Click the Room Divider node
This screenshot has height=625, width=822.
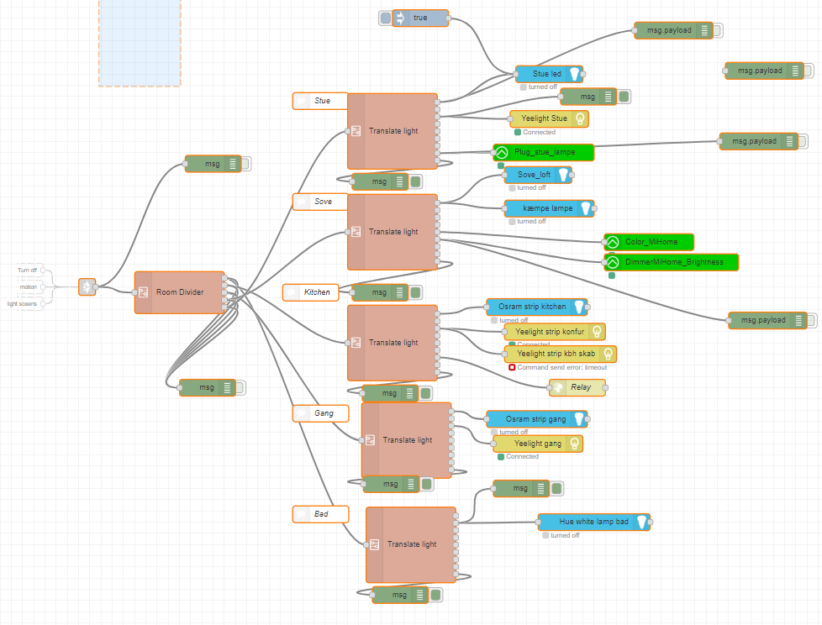pyautogui.click(x=180, y=292)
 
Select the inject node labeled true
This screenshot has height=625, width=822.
pyautogui.click(x=420, y=18)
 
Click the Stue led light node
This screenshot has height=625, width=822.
pyautogui.click(x=547, y=74)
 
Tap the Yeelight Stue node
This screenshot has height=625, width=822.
pyautogui.click(x=549, y=118)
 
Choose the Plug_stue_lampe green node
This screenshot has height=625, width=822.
pyautogui.click(x=542, y=152)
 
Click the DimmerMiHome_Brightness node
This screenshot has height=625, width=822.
pyautogui.click(x=671, y=262)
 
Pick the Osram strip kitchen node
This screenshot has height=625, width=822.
pyautogui.click(x=536, y=307)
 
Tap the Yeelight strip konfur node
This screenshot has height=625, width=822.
pyautogui.click(x=554, y=331)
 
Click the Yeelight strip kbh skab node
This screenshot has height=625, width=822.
pyautogui.click(x=560, y=354)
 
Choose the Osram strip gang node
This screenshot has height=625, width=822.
pyautogui.click(x=536, y=418)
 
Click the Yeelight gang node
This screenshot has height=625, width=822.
pyautogui.click(x=538, y=443)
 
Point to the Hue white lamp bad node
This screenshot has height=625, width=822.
pyautogui.click(x=593, y=522)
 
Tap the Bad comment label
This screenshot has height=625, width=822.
pyautogui.click(x=319, y=513)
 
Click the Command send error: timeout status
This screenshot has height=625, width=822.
pyautogui.click(x=561, y=367)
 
